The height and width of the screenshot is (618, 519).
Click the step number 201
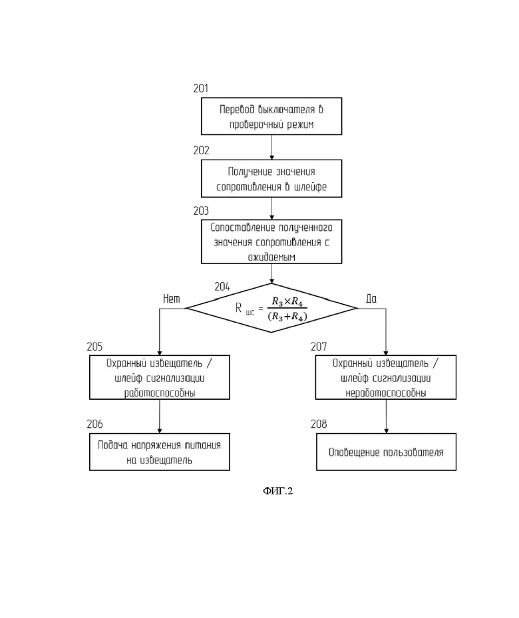(200, 88)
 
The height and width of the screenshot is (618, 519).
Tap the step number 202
(201, 150)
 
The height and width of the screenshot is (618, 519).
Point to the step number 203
(201, 211)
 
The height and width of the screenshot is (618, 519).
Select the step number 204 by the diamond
(222, 287)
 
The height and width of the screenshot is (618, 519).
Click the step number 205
(94, 347)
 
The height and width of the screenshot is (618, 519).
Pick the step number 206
(94, 424)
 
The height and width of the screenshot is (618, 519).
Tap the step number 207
(319, 347)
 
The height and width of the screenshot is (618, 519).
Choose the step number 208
(319, 424)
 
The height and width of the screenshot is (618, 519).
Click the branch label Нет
(172, 299)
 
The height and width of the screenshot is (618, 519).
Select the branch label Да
(371, 299)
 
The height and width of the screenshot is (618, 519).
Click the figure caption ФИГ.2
(278, 491)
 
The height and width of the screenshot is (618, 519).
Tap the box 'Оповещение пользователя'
(386, 452)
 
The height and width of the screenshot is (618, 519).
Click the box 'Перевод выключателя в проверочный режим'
(271, 116)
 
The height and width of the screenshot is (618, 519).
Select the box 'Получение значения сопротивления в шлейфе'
(271, 178)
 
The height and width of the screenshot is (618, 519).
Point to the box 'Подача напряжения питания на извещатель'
(160, 452)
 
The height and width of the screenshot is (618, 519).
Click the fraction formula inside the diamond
(287, 309)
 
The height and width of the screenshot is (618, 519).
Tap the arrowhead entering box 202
(271, 157)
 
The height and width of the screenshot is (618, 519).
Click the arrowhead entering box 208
(386, 431)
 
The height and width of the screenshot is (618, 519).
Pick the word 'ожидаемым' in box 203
(271, 257)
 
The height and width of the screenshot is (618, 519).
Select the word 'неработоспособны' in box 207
(386, 393)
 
